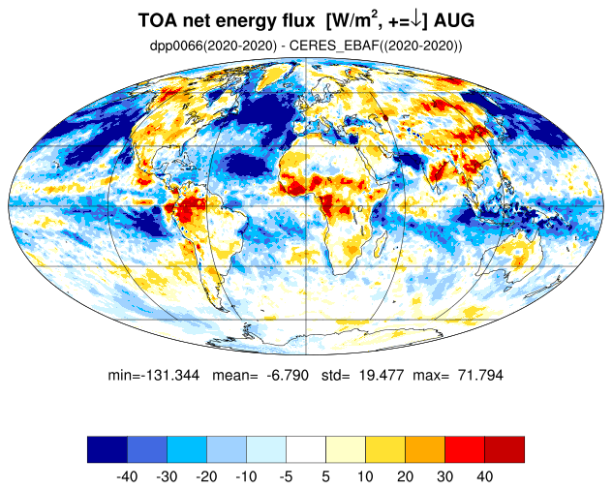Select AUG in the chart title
(x=454, y=20)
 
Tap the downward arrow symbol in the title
(x=416, y=21)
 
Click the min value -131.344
(x=170, y=375)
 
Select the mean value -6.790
(x=288, y=375)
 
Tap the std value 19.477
(x=382, y=375)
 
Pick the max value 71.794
(x=481, y=375)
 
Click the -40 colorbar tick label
(x=127, y=476)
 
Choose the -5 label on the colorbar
(x=286, y=476)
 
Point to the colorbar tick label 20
(x=405, y=476)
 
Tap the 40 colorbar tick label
(x=484, y=476)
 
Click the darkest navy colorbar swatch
(x=107, y=449)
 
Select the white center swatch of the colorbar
(x=306, y=449)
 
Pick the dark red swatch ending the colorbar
(x=505, y=449)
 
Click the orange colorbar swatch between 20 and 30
(x=425, y=449)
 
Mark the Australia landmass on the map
(x=512, y=258)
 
